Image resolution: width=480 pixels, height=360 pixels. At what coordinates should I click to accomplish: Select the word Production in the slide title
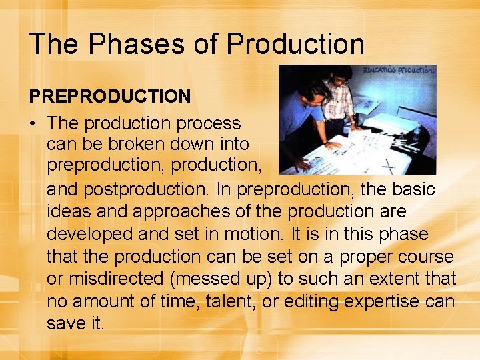pyautogui.click(x=295, y=44)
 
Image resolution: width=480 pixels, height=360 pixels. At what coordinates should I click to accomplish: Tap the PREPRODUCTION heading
pyautogui.click(x=109, y=97)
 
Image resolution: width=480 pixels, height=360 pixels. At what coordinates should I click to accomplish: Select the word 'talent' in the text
pyautogui.click(x=223, y=301)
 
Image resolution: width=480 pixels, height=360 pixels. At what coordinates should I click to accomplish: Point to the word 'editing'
pyautogui.click(x=313, y=301)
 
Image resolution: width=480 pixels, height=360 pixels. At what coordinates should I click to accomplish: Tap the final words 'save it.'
pyautogui.click(x=75, y=323)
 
